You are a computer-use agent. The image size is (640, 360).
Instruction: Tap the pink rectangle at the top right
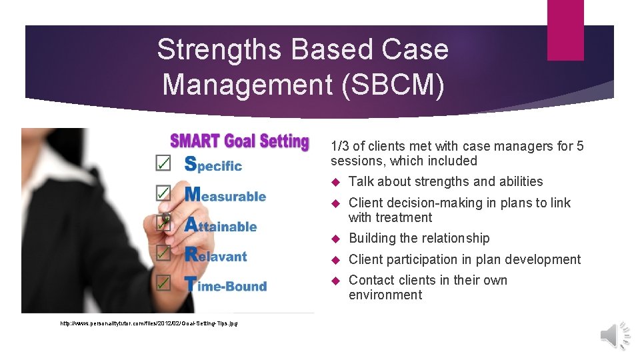coord(565,29)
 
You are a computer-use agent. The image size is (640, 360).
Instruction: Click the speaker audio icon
coord(615,335)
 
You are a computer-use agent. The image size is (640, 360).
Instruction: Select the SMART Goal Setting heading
coord(239,141)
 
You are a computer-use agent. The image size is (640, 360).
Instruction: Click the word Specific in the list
coord(213,165)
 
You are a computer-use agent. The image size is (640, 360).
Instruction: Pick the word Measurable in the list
coord(225,195)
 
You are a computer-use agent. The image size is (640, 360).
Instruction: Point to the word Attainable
coord(220,225)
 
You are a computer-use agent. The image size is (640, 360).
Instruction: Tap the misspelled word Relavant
coord(215,255)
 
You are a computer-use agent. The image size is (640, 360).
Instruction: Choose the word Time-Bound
coord(225,285)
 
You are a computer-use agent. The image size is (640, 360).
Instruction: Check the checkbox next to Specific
coord(163,163)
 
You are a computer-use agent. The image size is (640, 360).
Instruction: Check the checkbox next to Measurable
coord(163,193)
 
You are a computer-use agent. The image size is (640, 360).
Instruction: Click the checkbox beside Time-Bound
coord(163,283)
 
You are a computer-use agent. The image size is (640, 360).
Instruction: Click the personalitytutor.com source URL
coord(149,323)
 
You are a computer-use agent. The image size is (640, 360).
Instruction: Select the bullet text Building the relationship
coord(419,238)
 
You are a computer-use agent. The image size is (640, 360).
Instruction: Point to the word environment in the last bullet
coord(385,295)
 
